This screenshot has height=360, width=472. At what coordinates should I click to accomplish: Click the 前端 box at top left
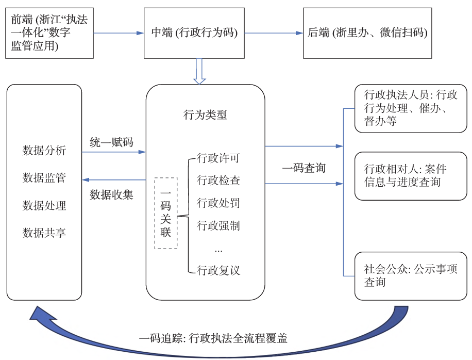tap(50, 33)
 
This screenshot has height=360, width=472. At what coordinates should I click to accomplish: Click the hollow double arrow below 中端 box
tap(199, 72)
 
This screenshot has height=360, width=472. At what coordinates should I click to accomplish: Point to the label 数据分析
tap(44, 151)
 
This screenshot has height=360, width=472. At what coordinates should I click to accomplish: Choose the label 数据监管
tap(44, 178)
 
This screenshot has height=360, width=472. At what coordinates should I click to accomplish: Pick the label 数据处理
tap(44, 205)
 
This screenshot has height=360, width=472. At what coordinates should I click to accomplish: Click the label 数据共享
tap(44, 233)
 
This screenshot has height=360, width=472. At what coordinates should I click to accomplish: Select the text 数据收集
tap(111, 194)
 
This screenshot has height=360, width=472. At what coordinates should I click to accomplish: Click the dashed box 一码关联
tap(166, 212)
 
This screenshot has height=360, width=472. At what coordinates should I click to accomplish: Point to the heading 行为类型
tap(205, 115)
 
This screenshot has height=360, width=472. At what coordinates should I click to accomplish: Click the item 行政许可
tap(218, 158)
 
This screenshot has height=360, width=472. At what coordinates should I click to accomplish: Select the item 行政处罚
tap(218, 203)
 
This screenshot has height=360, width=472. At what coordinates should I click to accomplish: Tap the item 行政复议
tap(218, 270)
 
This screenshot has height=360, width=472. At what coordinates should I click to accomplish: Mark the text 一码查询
tap(304, 168)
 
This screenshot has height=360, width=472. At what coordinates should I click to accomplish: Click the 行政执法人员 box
tap(410, 108)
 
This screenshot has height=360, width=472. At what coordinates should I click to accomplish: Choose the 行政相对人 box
tap(410, 175)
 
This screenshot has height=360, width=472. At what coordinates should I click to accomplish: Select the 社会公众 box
tap(410, 276)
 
